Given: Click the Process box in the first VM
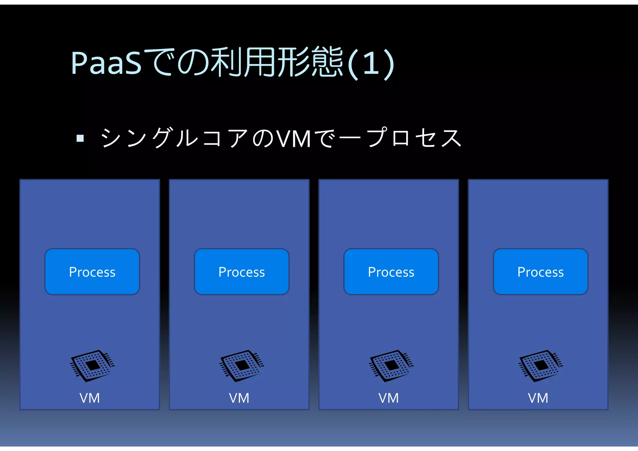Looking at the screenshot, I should pyautogui.click(x=92, y=272).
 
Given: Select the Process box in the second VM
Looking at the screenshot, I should pyautogui.click(x=242, y=272).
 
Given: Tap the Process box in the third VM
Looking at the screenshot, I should pyautogui.click(x=391, y=272).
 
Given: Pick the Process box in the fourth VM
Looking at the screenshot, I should pyautogui.click(x=541, y=272).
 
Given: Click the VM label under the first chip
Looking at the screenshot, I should pyautogui.click(x=90, y=398).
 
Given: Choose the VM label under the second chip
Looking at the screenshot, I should pyautogui.click(x=239, y=398).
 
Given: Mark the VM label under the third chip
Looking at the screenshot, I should pyautogui.click(x=389, y=398).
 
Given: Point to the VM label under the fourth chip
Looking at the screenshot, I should pyautogui.click(x=538, y=398).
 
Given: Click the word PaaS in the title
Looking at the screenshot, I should pyautogui.click(x=106, y=63).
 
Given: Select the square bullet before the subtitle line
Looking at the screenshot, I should pyautogui.click(x=80, y=138).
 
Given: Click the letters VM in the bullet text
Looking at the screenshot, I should pyautogui.click(x=293, y=139).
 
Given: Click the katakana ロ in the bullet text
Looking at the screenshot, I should pyautogui.click(x=401, y=138).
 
